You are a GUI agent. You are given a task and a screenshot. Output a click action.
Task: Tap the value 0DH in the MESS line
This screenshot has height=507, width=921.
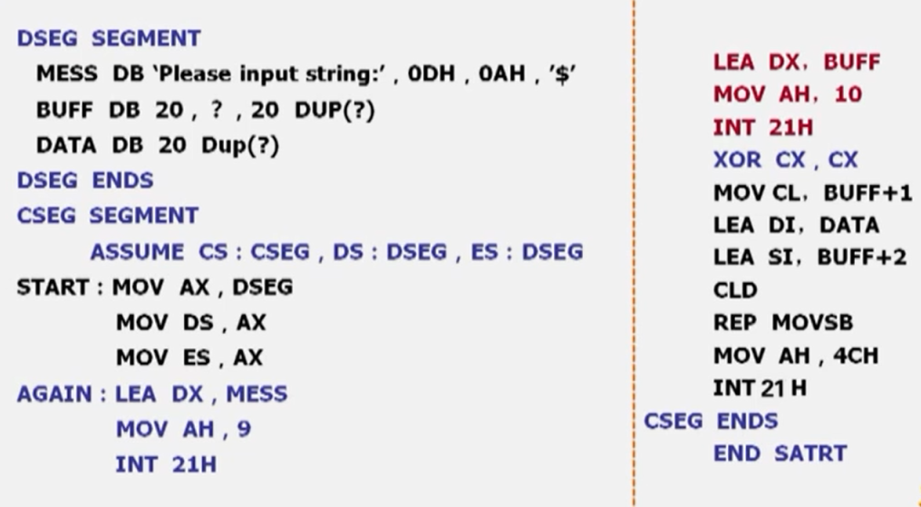431,74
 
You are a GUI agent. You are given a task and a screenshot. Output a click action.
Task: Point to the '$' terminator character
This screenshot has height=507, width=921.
562,74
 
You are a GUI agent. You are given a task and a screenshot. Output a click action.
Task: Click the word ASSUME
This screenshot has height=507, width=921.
137,252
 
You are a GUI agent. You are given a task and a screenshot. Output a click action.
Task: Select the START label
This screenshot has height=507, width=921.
53,288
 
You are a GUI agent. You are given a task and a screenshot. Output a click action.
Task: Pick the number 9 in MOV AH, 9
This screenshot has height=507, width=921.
245,429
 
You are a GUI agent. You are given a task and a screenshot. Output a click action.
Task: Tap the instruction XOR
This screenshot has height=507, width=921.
737,160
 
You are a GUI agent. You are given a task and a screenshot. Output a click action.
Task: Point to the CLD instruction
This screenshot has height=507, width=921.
735,290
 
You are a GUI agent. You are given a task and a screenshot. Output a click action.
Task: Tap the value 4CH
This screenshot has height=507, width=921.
855,356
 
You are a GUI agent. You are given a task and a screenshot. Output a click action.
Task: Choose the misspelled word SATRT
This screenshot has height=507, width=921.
810,453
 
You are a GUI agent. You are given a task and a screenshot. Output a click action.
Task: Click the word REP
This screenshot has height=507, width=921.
733,323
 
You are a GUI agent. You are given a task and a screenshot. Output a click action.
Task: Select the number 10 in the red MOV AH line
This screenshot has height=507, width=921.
848,94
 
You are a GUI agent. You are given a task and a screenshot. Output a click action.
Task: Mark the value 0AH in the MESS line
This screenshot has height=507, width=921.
501,74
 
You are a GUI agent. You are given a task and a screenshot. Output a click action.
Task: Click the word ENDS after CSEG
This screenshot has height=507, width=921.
747,421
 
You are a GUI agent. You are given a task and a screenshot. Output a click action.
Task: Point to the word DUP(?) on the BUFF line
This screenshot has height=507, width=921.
334,110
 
